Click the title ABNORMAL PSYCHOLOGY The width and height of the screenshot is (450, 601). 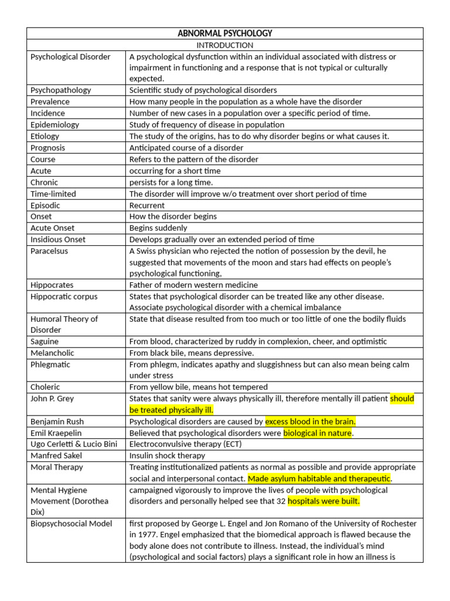point(224,33)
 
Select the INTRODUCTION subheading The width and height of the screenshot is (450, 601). point(224,45)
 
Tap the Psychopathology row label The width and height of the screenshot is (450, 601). point(61,90)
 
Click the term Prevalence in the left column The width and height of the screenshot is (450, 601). point(50,102)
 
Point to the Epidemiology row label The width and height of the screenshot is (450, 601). point(54,124)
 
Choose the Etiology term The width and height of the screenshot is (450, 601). point(45,136)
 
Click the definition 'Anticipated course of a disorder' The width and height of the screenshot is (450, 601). point(189,148)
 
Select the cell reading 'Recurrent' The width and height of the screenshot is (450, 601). point(147,205)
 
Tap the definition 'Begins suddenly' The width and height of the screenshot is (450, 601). point(158,228)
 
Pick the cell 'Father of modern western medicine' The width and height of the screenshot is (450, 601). point(193,285)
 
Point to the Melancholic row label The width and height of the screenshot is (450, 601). point(52,353)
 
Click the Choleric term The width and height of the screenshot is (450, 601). point(45,387)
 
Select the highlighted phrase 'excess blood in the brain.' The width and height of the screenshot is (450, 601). point(310,421)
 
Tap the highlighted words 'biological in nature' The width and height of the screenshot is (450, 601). point(318,433)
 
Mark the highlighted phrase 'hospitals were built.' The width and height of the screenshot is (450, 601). point(323,501)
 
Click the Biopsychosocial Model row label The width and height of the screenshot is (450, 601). point(71,524)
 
